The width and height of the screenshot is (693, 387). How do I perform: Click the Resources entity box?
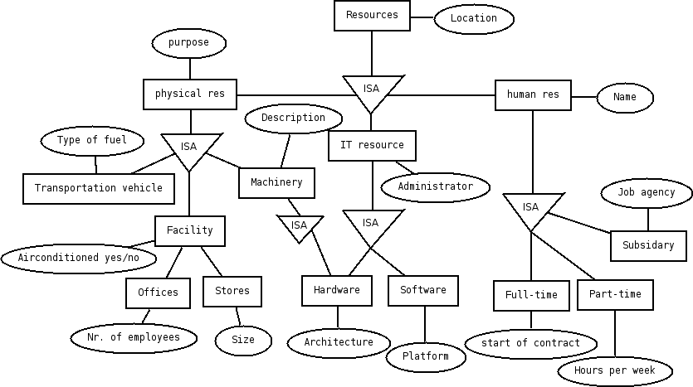point(372,16)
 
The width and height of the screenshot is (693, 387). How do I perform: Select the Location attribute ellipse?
point(474,18)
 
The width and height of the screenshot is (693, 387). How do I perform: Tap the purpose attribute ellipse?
point(189,42)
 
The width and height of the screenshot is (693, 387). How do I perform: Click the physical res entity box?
point(190,94)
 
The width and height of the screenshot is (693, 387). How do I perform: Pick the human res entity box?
point(533,94)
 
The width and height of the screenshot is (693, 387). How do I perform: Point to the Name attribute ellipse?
point(625,98)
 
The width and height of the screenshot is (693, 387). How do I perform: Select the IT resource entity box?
point(372,145)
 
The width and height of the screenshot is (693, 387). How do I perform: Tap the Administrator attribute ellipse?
point(436,186)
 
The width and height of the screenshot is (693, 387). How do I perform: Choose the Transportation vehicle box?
point(99,188)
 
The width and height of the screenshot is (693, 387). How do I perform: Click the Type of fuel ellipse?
point(92,140)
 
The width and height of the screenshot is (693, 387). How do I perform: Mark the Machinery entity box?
point(276,182)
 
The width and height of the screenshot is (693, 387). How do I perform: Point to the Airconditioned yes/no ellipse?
point(80,258)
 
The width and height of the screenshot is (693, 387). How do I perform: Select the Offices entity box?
point(158,293)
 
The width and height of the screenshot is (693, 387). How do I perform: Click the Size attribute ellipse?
point(244,340)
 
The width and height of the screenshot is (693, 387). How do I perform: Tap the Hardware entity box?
point(337,290)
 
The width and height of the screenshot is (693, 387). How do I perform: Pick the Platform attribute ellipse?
point(426,356)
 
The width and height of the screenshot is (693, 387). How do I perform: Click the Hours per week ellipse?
point(615,370)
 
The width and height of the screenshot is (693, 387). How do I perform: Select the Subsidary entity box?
point(648,245)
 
